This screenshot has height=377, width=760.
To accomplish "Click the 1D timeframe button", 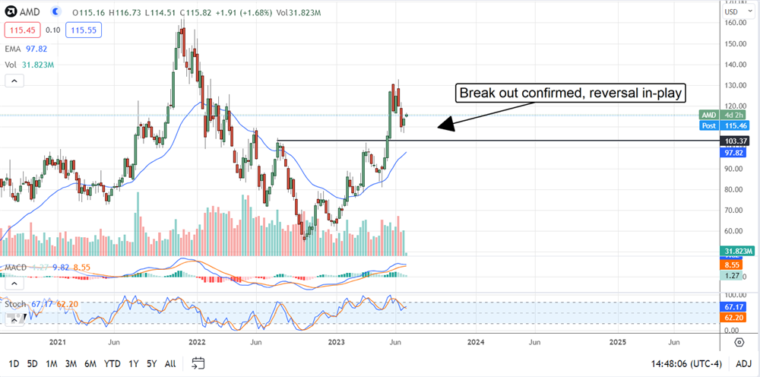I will pos(14,363).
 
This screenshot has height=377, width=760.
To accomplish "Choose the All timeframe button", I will pos(170,363).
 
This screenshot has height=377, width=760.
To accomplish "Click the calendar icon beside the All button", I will pos(198,363).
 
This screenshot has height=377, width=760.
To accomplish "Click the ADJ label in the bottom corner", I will pos(744,363).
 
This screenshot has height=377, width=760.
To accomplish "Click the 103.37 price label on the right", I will pos(737,141).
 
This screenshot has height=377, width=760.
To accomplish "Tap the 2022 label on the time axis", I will pos(197,342).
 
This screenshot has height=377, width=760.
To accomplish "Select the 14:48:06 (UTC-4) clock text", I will pos(686,363).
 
